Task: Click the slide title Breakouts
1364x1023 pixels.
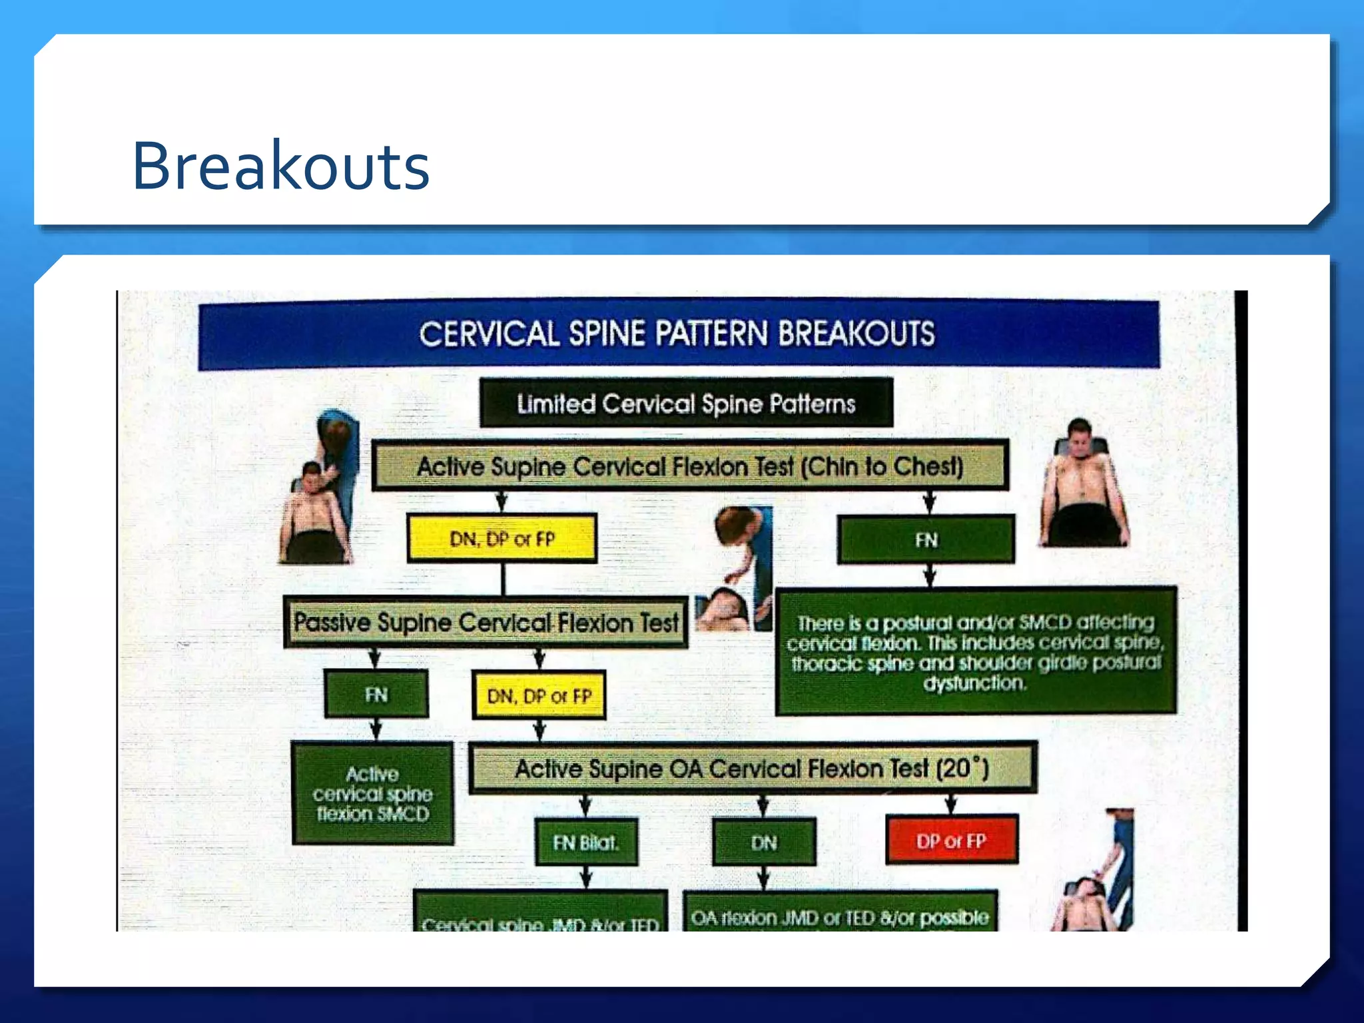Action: (280, 166)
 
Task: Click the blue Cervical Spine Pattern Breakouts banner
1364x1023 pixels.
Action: (678, 334)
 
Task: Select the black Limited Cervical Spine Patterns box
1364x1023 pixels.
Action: (686, 404)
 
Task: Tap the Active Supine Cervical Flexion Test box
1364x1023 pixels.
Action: (690, 466)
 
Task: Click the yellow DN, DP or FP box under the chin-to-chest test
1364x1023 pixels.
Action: (502, 539)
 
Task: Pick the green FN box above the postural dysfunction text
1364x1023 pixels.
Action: (926, 539)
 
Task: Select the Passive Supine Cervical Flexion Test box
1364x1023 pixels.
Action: (486, 623)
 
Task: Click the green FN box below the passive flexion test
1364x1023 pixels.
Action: (376, 695)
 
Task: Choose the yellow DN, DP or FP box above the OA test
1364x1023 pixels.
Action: (539, 696)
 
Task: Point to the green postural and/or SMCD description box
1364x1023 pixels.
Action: (976, 651)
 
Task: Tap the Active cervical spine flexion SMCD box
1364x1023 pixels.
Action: (373, 794)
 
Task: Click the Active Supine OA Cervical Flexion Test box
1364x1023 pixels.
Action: (753, 769)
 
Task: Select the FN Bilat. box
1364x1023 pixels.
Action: (586, 843)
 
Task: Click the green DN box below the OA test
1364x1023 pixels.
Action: (764, 843)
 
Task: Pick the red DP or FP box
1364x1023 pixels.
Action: (951, 841)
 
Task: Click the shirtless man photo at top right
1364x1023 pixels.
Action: (1083, 484)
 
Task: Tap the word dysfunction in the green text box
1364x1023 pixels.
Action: (974, 683)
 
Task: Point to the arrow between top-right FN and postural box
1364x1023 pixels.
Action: (929, 575)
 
